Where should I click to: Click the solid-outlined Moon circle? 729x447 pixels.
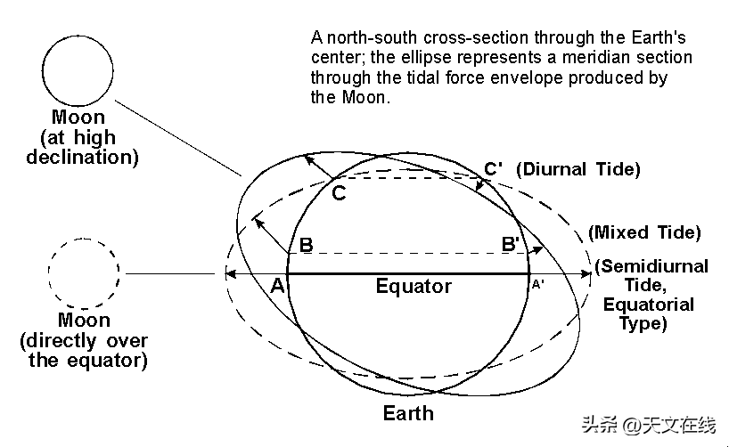(78, 70)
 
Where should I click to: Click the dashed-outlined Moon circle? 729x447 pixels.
(84, 273)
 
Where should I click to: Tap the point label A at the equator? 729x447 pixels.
(277, 285)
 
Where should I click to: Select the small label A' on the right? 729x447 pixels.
(538, 284)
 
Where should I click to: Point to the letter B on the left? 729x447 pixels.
(306, 245)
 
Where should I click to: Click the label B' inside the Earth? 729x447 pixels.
(511, 244)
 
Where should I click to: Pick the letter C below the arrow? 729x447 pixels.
(339, 193)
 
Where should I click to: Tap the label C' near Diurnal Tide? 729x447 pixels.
(494, 168)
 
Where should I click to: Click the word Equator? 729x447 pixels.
(414, 286)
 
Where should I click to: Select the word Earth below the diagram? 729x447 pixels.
(408, 413)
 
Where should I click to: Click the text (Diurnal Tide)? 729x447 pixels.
(578, 169)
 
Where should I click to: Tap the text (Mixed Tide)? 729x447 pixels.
(644, 232)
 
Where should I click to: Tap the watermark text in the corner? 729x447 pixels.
(649, 425)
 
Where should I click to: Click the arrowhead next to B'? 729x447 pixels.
(537, 250)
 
